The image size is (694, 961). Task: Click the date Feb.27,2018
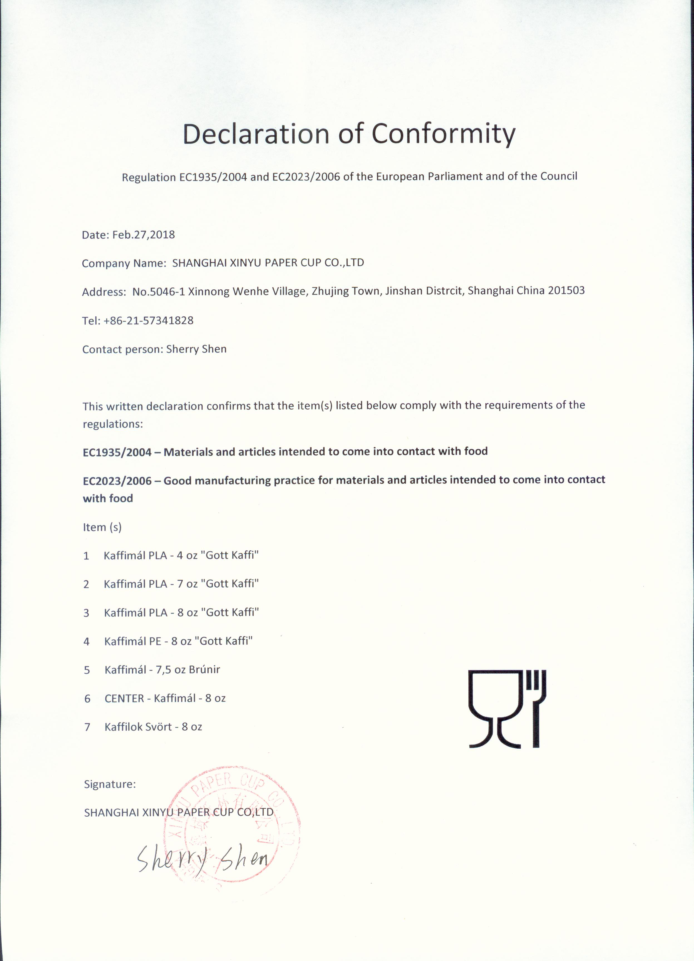[143, 235]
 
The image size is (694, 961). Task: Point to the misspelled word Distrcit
[444, 291]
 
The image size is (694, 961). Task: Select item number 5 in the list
[87, 670]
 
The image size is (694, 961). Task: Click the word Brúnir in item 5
[204, 669]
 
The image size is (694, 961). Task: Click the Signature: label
[110, 784]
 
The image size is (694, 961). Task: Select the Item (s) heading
[102, 527]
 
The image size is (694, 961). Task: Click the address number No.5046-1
[158, 292]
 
